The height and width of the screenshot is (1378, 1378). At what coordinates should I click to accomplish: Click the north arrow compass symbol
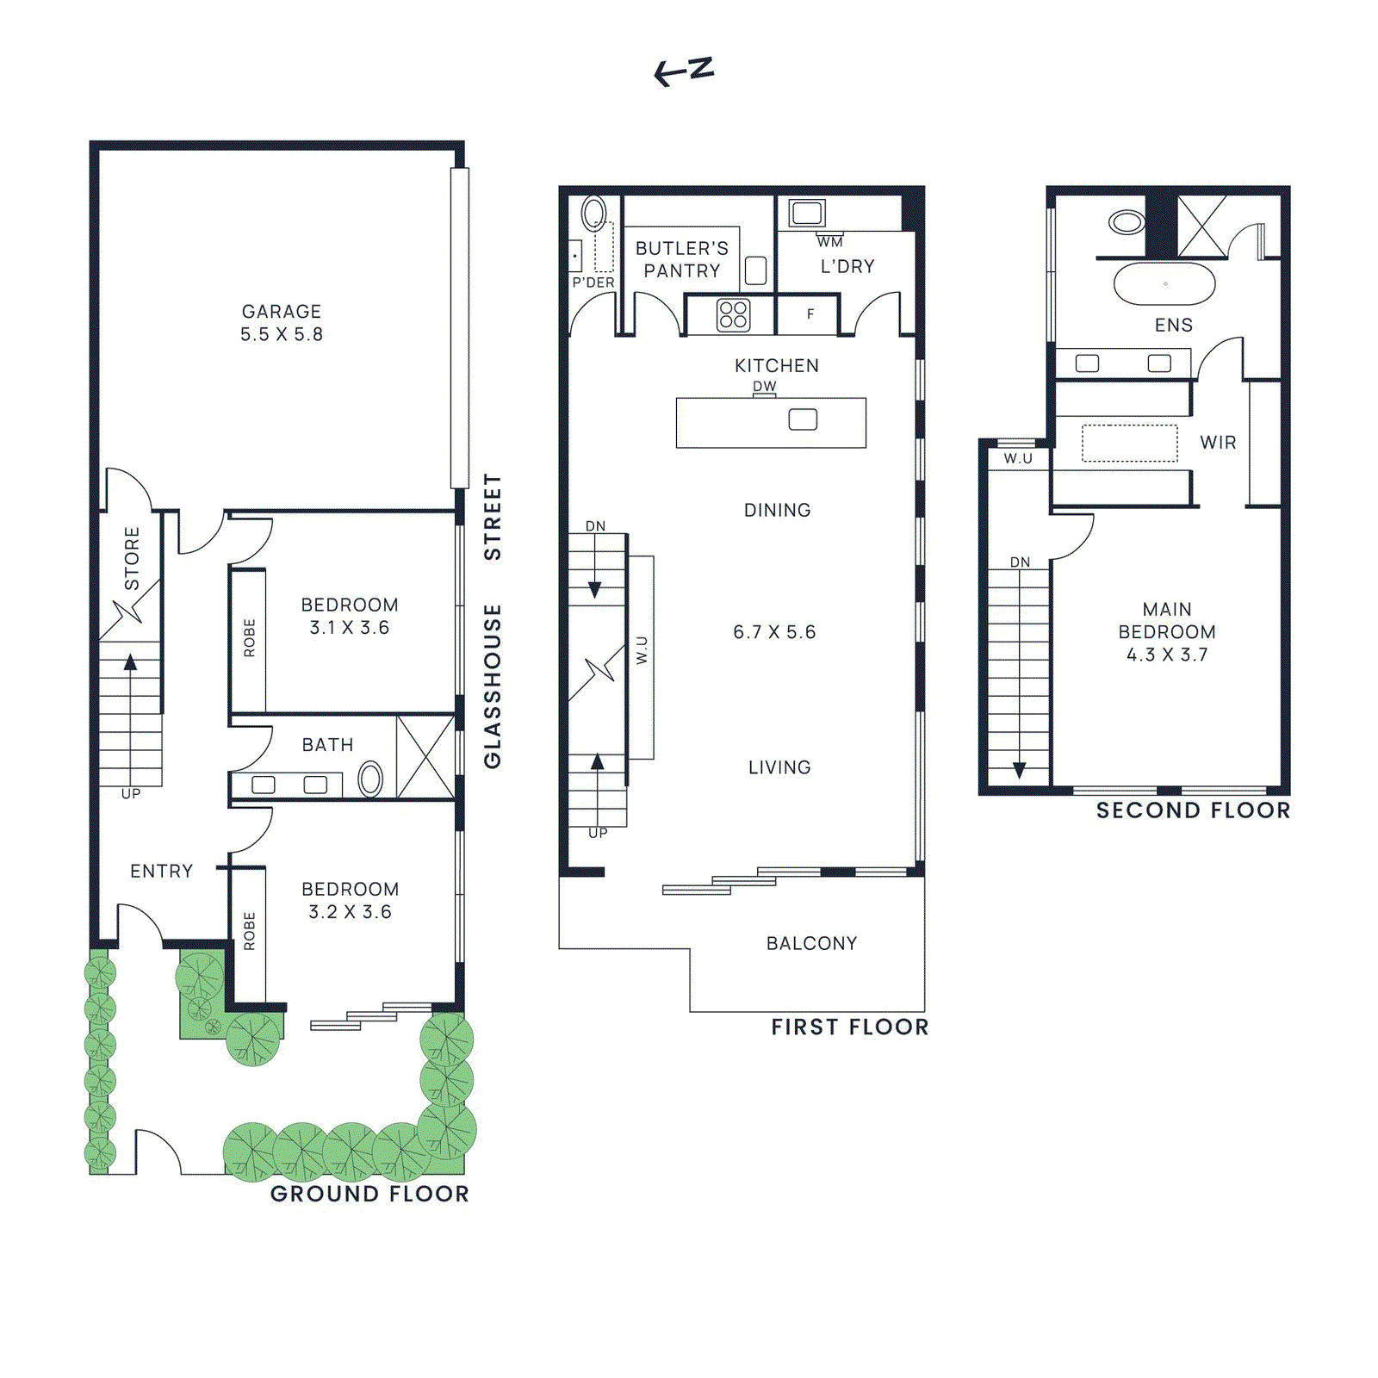coord(685,71)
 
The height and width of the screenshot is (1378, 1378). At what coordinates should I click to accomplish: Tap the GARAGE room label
coord(282,312)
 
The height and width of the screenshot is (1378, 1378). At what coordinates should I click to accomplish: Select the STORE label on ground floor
coord(132,558)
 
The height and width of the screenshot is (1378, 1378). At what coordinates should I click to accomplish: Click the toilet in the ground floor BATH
coord(370,779)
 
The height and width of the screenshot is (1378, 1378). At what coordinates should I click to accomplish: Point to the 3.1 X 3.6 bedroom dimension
coord(350,628)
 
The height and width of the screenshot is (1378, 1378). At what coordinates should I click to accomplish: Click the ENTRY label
coord(161,871)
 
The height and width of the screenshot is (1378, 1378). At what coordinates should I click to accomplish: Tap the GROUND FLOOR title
coord(369,1194)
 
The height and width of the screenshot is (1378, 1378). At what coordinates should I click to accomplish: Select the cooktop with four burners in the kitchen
coord(733,315)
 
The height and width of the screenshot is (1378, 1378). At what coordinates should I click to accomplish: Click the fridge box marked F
coord(810,314)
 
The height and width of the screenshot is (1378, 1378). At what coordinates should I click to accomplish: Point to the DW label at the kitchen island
coord(765,387)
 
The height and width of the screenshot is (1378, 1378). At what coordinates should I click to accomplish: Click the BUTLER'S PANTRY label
coord(681,259)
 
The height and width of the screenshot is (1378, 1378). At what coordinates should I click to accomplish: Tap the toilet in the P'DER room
coord(593,213)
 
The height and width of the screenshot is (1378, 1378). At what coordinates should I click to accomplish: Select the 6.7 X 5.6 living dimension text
coord(774,632)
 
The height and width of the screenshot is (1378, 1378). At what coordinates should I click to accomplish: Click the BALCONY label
coord(811,943)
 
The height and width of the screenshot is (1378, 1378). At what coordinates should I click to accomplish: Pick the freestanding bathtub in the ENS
coord(1164,283)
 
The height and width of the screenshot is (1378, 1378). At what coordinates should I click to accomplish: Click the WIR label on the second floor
coord(1218,443)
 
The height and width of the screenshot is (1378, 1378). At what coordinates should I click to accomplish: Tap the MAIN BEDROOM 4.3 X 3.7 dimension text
coord(1167,655)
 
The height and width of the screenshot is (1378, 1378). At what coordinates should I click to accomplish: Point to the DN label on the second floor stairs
coord(1020,562)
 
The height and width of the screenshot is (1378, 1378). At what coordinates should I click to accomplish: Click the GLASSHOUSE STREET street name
coord(493,620)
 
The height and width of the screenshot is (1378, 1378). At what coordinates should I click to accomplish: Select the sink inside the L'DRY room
coord(807,212)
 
